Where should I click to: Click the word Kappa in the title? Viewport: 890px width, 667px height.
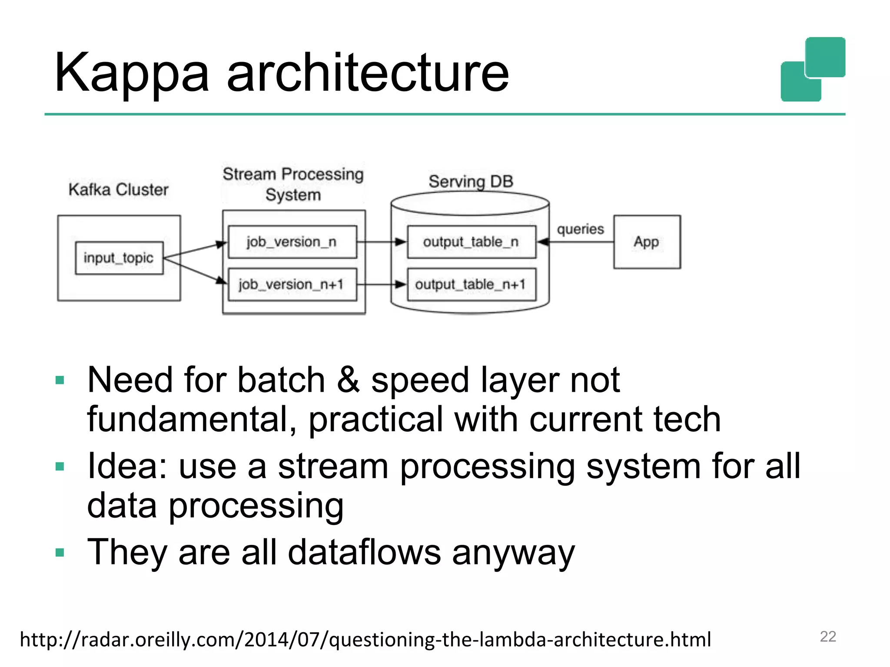pyautogui.click(x=132, y=73)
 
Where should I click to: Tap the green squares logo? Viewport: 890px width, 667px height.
pyautogui.click(x=813, y=69)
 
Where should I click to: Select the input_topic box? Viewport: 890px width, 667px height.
pyautogui.click(x=119, y=258)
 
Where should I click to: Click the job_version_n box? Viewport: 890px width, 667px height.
pyautogui.click(x=292, y=242)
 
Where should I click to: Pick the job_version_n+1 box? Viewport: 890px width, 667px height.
pyautogui.click(x=292, y=285)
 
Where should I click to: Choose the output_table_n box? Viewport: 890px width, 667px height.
pyautogui.click(x=471, y=242)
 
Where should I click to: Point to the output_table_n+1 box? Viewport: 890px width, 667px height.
pyautogui.click(x=471, y=285)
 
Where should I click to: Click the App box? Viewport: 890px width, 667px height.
pyautogui.click(x=647, y=242)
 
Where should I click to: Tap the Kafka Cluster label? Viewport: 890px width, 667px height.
pyautogui.click(x=118, y=190)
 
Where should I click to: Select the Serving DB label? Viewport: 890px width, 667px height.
pyautogui.click(x=471, y=182)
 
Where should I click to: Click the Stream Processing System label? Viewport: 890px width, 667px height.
pyautogui.click(x=293, y=185)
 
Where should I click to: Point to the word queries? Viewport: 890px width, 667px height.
pyautogui.click(x=580, y=229)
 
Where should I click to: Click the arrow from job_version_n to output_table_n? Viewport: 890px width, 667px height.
pyautogui.click(x=382, y=242)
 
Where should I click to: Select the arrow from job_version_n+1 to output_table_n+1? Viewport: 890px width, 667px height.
pyautogui.click(x=382, y=285)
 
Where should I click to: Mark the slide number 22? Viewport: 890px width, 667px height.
pyautogui.click(x=828, y=637)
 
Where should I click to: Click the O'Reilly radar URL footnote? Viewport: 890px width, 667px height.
pyautogui.click(x=365, y=640)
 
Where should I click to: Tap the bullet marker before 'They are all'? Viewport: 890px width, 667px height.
pyautogui.click(x=60, y=553)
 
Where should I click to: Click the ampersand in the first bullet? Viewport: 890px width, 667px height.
pyautogui.click(x=348, y=380)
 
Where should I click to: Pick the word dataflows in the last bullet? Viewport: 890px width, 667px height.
pyautogui.click(x=364, y=553)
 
